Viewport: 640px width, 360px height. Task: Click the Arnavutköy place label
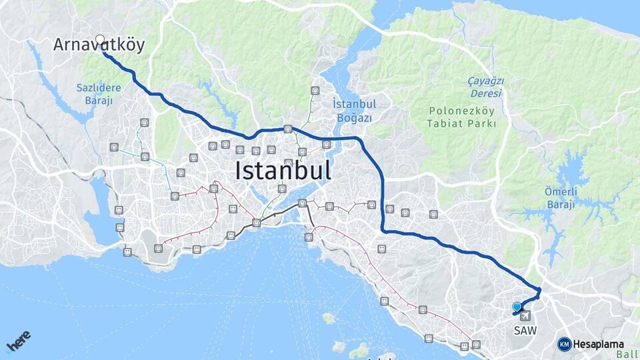(99, 45)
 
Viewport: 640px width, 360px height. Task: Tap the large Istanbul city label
(283, 171)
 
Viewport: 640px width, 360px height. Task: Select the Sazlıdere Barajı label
(99, 95)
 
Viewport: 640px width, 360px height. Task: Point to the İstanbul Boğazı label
(355, 111)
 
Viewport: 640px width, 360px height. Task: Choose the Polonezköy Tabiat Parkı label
(462, 117)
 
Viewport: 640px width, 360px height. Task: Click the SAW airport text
(524, 330)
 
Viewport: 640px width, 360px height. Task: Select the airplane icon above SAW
(525, 315)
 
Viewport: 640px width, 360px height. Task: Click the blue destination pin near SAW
(517, 307)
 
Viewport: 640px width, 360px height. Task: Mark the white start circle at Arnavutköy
(100, 39)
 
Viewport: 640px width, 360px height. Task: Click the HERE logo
(18, 342)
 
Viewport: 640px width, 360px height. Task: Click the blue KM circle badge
(565, 344)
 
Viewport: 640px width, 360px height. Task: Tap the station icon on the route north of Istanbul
(288, 129)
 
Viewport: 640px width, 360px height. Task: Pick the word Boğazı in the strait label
(355, 117)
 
